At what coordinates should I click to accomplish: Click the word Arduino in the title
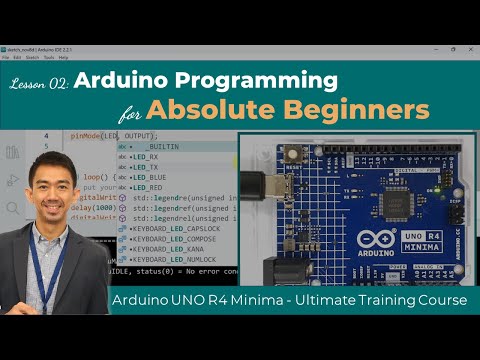(x=147, y=83)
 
